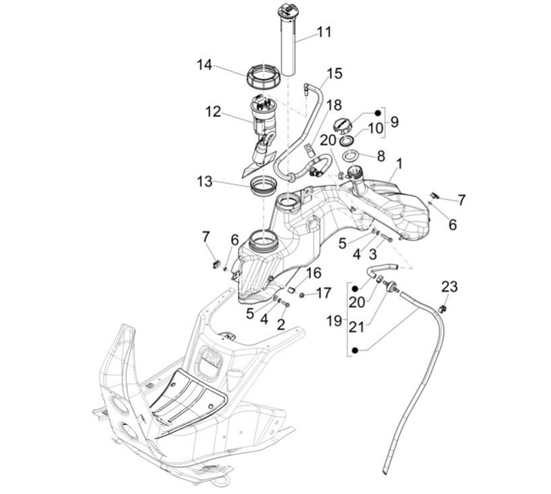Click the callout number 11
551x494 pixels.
324,32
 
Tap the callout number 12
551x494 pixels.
212,112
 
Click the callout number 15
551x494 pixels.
335,74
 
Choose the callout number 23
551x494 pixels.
449,287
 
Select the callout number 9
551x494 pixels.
394,122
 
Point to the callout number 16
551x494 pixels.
314,273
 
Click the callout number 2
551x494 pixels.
281,324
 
